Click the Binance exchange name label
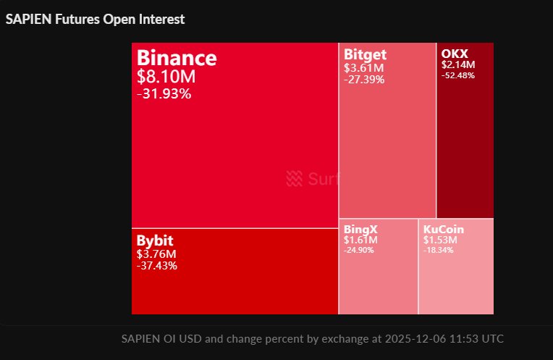click(x=176, y=58)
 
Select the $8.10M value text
click(x=166, y=77)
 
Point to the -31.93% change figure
click(x=164, y=93)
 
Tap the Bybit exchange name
click(x=155, y=240)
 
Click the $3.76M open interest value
click(x=156, y=254)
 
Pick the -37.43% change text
click(x=156, y=266)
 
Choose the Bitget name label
click(x=365, y=54)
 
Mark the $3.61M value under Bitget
click(x=363, y=68)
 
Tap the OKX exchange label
click(x=455, y=54)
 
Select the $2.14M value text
click(x=457, y=64)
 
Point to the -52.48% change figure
click(x=457, y=75)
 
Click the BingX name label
click(x=360, y=229)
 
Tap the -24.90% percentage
click(x=359, y=250)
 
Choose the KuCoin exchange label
click(x=444, y=229)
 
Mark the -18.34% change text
click(x=439, y=250)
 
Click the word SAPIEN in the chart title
click(x=28, y=20)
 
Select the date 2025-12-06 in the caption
click(x=412, y=338)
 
